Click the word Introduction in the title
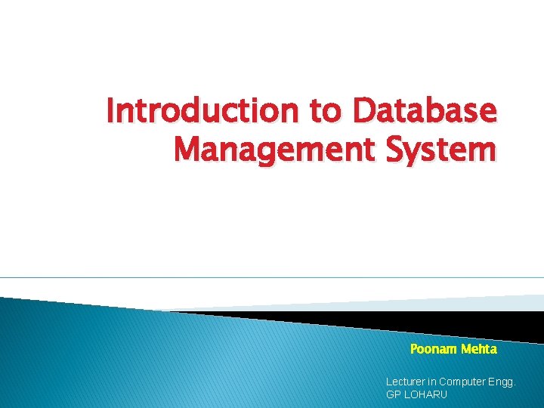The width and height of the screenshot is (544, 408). (202, 112)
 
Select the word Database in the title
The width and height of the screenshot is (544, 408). (425, 112)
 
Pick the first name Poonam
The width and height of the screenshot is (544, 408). (433, 349)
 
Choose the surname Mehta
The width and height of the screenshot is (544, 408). (478, 349)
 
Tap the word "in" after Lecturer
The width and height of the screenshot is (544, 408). (437, 382)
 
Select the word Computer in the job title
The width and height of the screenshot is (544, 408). (468, 382)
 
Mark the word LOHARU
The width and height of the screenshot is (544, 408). (427, 395)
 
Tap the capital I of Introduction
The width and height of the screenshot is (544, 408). (110, 112)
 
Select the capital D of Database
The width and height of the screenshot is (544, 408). (363, 112)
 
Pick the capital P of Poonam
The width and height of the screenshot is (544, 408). (413, 349)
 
